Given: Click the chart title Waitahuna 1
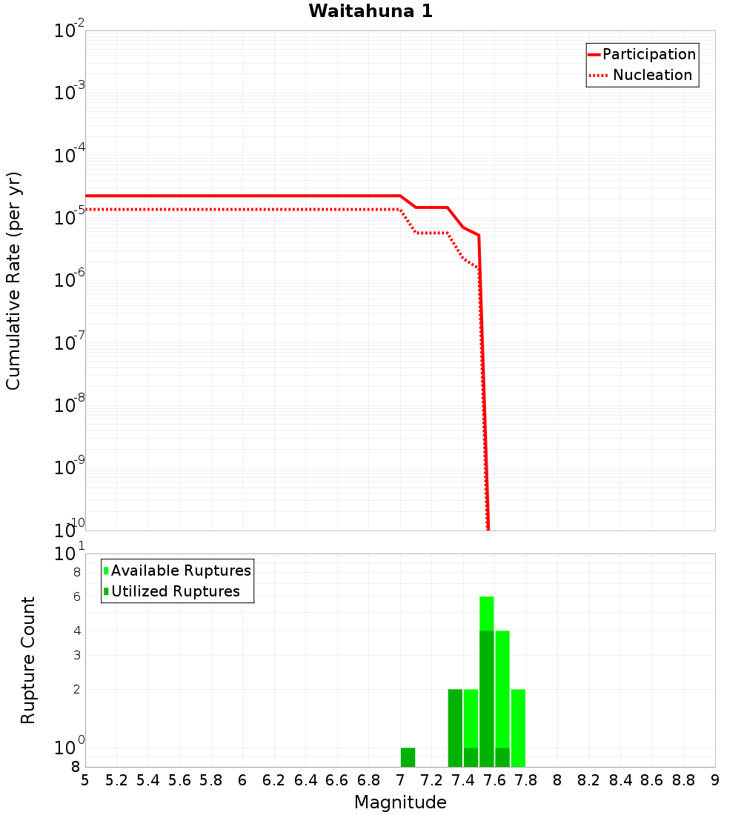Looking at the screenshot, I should pos(370,11).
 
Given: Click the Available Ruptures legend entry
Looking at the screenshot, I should pos(181,570).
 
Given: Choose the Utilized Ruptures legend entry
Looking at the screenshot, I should pos(175,591).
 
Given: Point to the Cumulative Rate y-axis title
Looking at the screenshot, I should pos(14,280).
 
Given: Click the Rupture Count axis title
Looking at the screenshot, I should pos(28,659).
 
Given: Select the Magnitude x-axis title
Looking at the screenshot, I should pos(400,802).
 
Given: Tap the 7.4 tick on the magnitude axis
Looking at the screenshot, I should pos(463,780).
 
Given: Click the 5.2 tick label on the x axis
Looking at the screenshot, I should pos(116,780).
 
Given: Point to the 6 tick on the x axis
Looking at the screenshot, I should pos(242,780).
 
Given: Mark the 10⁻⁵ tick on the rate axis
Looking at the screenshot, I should pos(69,218).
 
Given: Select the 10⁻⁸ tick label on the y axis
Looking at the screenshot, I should pos(69,405).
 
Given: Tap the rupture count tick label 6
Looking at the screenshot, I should pos(76,596).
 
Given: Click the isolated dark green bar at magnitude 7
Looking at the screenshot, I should pos(408,757).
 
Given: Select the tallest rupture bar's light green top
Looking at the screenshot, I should pos(487,613).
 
